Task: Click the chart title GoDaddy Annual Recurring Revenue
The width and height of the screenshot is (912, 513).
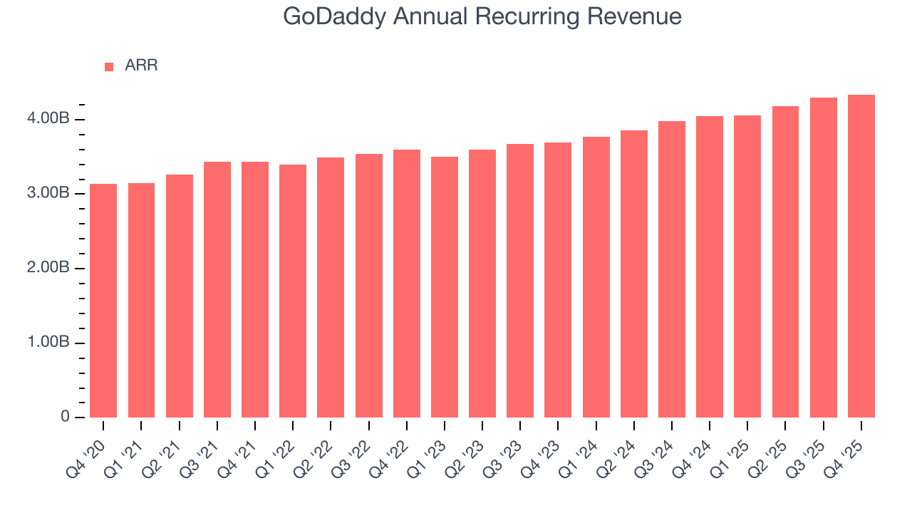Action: pos(482,16)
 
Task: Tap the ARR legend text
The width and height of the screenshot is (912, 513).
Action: pos(141,66)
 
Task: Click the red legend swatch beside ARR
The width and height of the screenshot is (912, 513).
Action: pos(109,66)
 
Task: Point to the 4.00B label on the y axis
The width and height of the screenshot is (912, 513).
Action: pos(48,119)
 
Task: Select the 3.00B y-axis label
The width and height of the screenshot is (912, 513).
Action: pos(48,194)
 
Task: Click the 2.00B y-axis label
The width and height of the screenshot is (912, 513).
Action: pos(48,269)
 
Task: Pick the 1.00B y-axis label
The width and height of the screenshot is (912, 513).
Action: pos(48,343)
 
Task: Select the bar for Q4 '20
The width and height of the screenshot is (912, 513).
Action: pos(103,301)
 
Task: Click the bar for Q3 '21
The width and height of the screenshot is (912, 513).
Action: pos(217,289)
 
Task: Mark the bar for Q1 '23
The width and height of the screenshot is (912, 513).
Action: pos(445,287)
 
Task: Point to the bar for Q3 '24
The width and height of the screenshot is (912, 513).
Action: pos(672,269)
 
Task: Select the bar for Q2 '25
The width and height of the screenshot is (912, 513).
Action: pos(785,261)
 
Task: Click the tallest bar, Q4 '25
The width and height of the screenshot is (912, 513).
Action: pos(861,256)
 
